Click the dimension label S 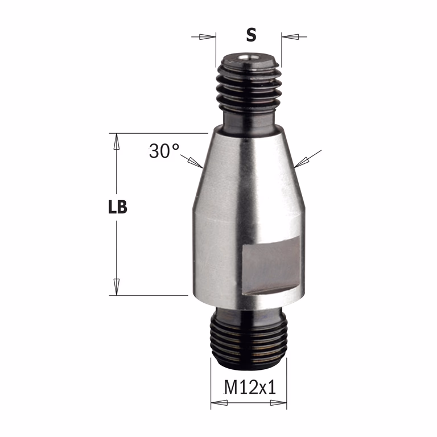coord(251,35)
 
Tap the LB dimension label coord(118,207)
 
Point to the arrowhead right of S coord(290,36)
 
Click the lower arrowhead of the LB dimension coord(117,287)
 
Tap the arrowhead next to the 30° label coord(196,163)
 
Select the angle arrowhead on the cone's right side coord(302,162)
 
